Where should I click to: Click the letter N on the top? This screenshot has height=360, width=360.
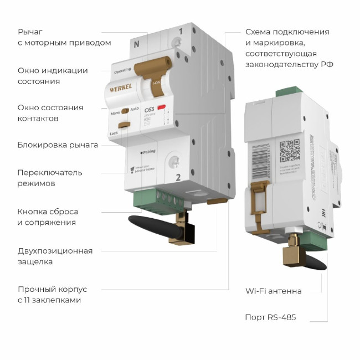[137, 43]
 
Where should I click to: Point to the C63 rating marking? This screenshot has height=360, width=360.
[149, 110]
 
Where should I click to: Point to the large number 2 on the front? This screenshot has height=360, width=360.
[178, 177]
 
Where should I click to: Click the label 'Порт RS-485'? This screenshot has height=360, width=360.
[270, 317]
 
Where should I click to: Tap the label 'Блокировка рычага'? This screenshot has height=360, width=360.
[58, 145]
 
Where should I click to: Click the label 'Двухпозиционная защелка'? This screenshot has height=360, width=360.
[55, 256]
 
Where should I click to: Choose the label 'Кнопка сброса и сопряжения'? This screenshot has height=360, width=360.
[48, 217]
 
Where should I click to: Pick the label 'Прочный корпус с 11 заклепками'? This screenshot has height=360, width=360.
[52, 295]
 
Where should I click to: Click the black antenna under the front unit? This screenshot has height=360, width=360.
[152, 226]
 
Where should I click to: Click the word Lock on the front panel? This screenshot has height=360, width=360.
[114, 133]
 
